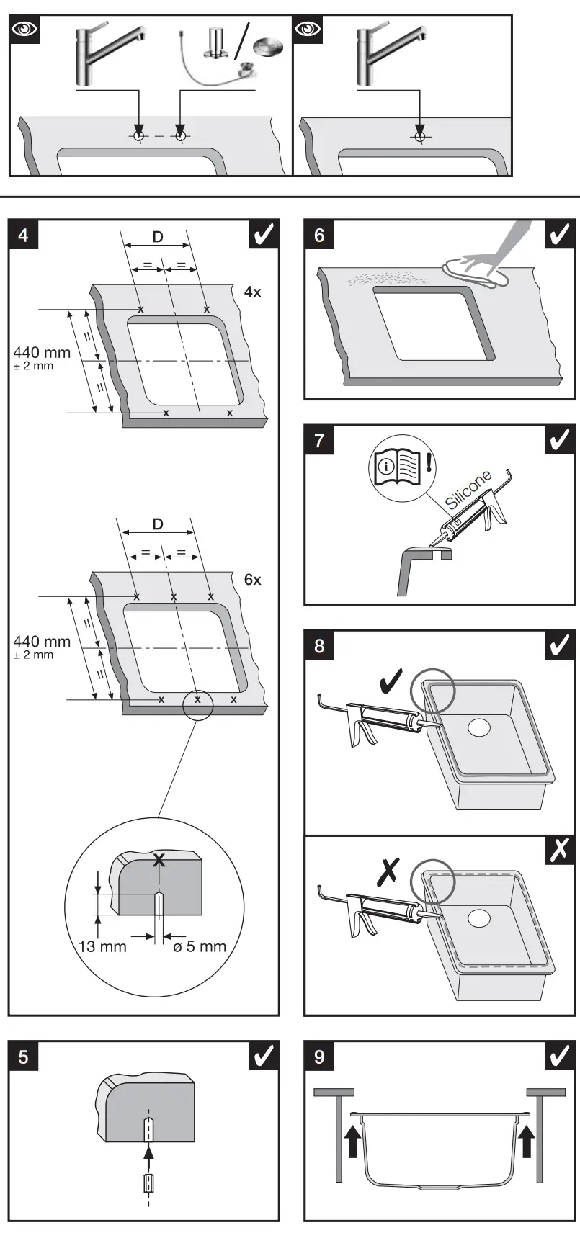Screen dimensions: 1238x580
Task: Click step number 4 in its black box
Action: tap(24, 236)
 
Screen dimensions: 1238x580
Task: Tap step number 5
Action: tap(24, 1057)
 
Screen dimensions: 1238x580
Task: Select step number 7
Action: tap(319, 441)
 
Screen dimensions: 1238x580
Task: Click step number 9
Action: tap(319, 1057)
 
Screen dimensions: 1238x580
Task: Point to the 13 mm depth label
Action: tap(102, 946)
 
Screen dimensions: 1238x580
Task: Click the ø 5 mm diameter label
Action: tap(200, 946)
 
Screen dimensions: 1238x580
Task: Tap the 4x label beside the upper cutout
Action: tap(252, 292)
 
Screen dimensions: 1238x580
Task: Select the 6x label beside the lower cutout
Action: tap(252, 580)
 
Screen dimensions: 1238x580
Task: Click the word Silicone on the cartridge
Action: tap(469, 490)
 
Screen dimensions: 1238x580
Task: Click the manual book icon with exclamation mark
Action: tap(395, 466)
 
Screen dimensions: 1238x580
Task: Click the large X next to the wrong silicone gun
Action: tap(389, 874)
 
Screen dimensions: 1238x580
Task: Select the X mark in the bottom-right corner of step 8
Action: tap(560, 851)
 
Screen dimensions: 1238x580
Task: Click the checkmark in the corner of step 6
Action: tap(560, 236)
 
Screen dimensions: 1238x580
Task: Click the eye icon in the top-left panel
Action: tap(25, 30)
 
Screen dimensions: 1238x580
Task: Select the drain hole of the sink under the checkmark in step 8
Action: tap(478, 727)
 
